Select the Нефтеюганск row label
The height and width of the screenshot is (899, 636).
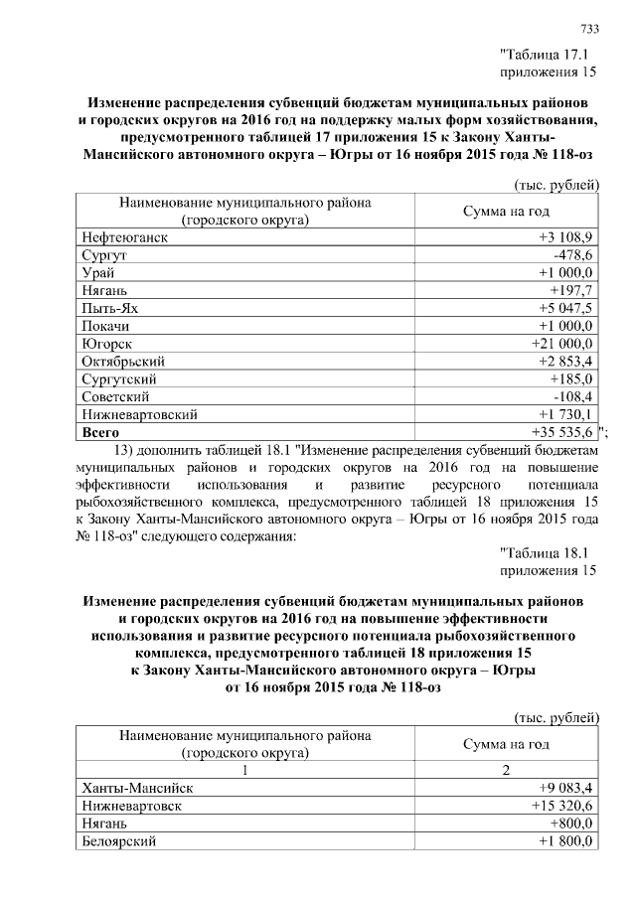125,237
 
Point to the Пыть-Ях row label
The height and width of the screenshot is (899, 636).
109,308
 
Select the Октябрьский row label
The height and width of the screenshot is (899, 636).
123,362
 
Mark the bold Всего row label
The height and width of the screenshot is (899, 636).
100,432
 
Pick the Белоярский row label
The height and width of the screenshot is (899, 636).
120,841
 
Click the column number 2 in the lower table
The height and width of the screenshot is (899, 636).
507,770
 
